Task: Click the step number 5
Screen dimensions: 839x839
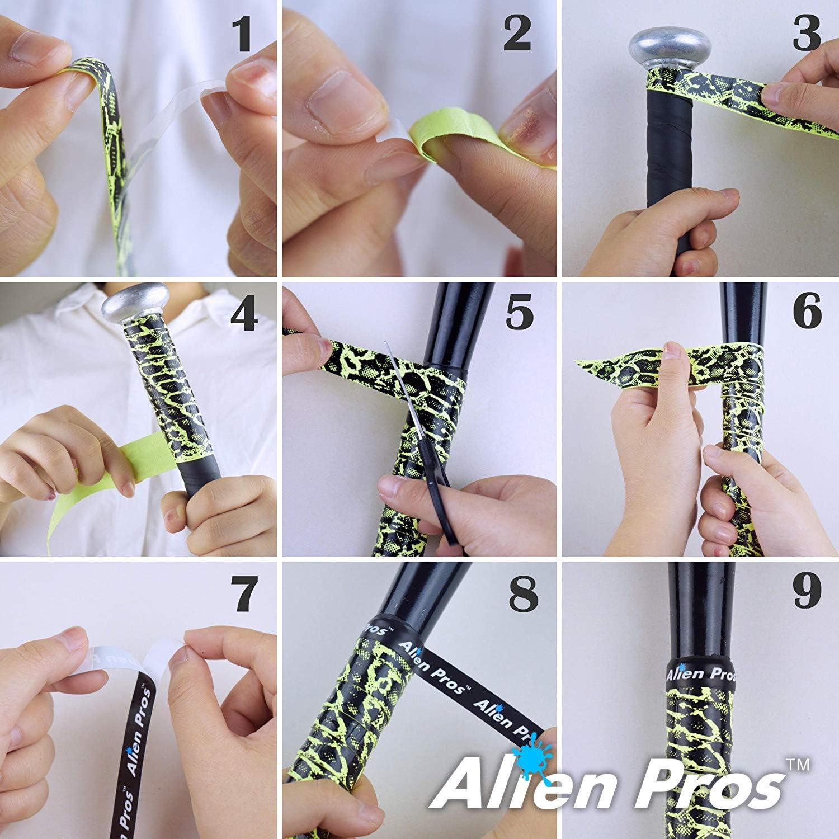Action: (x=519, y=313)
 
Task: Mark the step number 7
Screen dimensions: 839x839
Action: (x=244, y=595)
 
